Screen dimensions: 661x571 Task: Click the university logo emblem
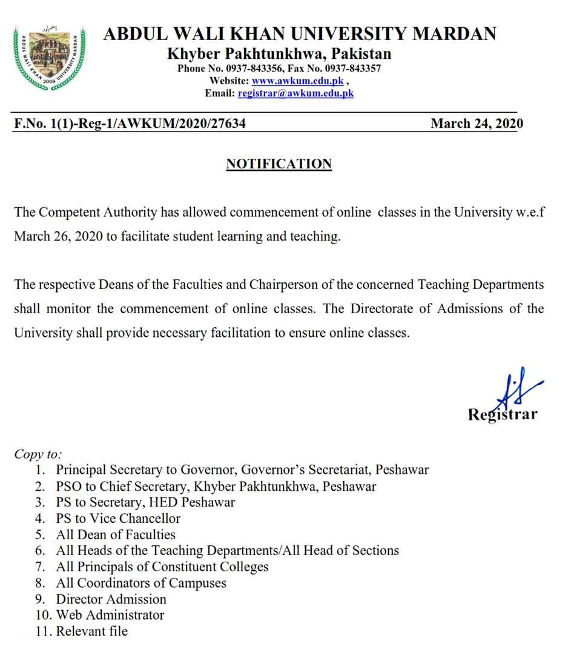pyautogui.click(x=49, y=56)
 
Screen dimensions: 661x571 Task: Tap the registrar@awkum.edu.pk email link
pyautogui.click(x=295, y=93)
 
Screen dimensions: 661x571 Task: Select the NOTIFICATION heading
pyautogui.click(x=279, y=164)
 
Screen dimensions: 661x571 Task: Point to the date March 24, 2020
pyautogui.click(x=477, y=124)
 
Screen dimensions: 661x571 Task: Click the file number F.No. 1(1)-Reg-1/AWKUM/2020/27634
pyautogui.click(x=130, y=124)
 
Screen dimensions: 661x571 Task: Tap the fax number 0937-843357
pyautogui.click(x=352, y=68)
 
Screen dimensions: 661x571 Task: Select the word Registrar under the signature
pyautogui.click(x=502, y=415)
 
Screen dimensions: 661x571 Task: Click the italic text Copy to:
pyautogui.click(x=38, y=454)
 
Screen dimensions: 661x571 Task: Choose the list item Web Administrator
pyautogui.click(x=110, y=615)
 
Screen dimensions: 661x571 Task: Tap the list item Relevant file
pyautogui.click(x=92, y=631)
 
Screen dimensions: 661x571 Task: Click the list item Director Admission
pyautogui.click(x=111, y=599)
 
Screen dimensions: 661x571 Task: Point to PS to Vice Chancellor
pyautogui.click(x=118, y=518)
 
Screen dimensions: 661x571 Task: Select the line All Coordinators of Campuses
pyautogui.click(x=141, y=583)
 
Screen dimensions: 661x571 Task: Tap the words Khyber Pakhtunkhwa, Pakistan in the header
pyautogui.click(x=279, y=53)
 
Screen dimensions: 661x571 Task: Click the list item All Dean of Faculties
pyautogui.click(x=116, y=534)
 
